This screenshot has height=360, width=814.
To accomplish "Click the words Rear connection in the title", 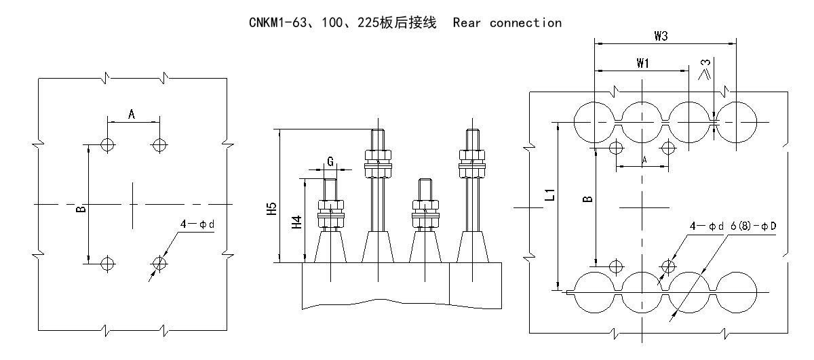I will tap(507, 23).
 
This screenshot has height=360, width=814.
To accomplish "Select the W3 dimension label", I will tap(661, 36).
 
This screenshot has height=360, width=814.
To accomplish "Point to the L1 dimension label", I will tap(551, 195).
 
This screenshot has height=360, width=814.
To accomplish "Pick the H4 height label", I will tap(297, 221).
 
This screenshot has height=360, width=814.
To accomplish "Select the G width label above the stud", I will tap(330, 162).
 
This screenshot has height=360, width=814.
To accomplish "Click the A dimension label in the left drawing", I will tap(132, 115).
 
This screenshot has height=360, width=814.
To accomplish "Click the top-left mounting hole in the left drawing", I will tap(106, 144).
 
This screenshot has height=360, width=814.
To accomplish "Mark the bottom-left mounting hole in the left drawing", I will tap(106, 262).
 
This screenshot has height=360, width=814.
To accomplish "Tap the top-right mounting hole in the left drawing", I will tap(159, 144).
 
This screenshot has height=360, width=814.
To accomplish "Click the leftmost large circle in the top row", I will tap(595, 122).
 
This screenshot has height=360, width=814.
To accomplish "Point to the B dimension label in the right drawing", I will tap(588, 199).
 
